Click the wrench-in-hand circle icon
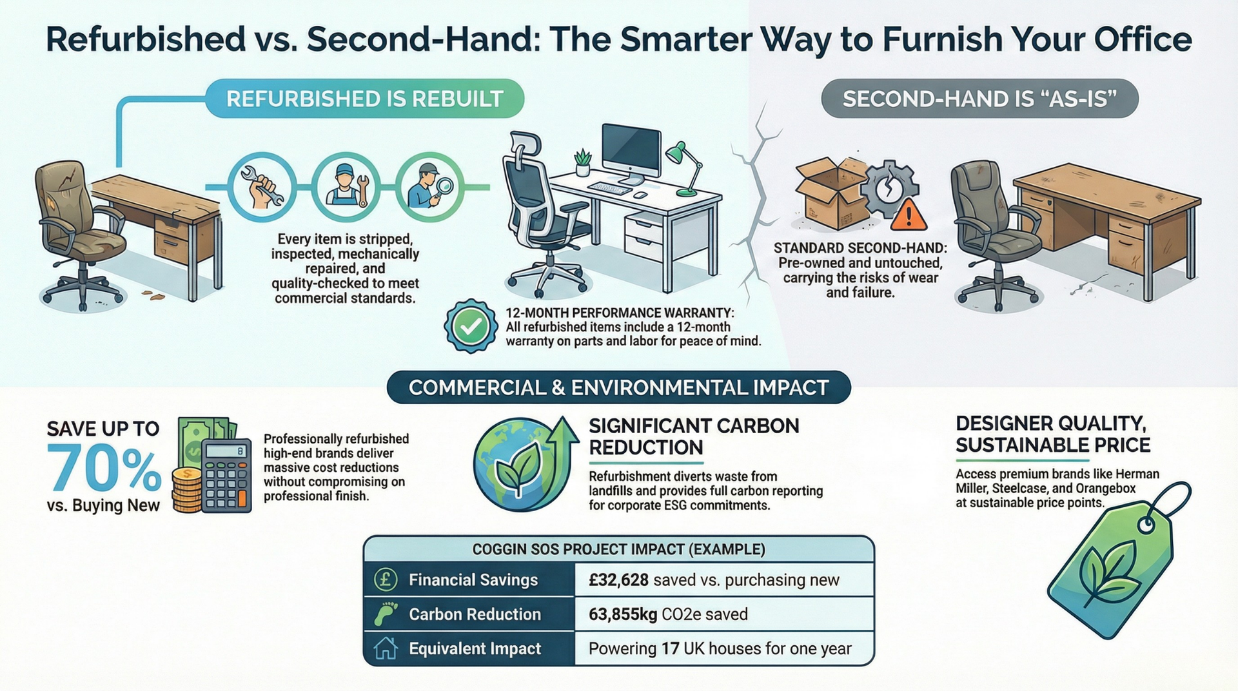[262, 187]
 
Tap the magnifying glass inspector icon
[429, 187]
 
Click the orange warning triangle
[909, 215]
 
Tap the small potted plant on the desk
[582, 162]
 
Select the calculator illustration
[226, 475]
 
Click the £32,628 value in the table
[618, 580]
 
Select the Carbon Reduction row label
[475, 614]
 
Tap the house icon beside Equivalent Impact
[386, 648]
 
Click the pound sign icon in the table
[386, 579]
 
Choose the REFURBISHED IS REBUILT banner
[364, 99]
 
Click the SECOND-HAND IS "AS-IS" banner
[979, 99]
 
